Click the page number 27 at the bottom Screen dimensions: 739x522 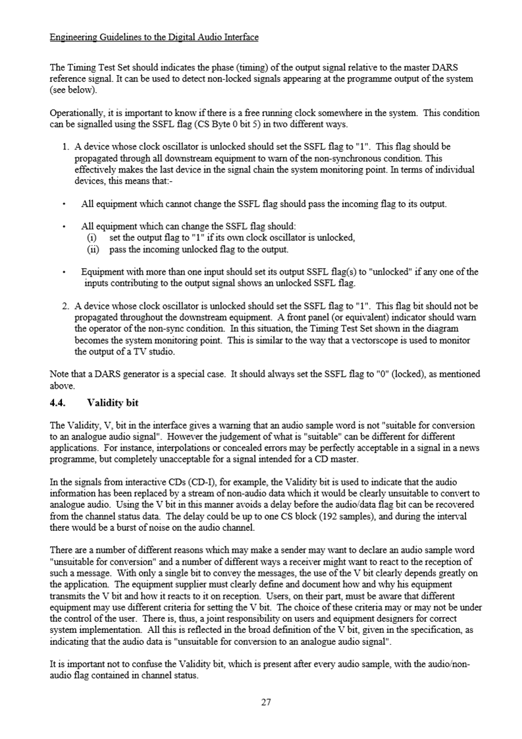click(266, 702)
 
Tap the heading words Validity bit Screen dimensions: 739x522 click(113, 402)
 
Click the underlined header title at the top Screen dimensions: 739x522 click(154, 37)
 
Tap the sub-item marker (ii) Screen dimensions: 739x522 click(93, 250)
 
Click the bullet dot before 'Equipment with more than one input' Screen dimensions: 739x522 click(63, 272)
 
